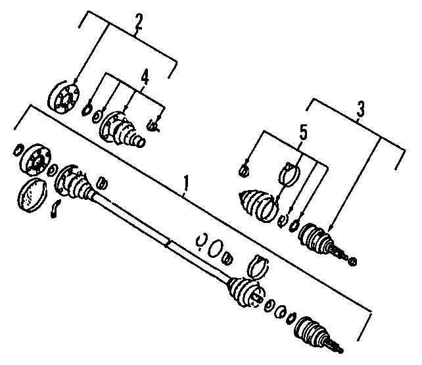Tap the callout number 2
coord(137,22)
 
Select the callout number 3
coord(360,109)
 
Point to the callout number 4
coord(145,78)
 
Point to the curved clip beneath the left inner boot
coord(56,208)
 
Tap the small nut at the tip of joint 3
coord(353,261)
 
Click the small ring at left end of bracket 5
coord(243,169)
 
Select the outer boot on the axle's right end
coord(244,293)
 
